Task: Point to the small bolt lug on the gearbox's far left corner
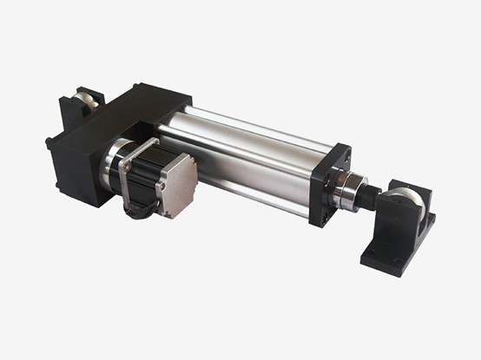click(x=50, y=141)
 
